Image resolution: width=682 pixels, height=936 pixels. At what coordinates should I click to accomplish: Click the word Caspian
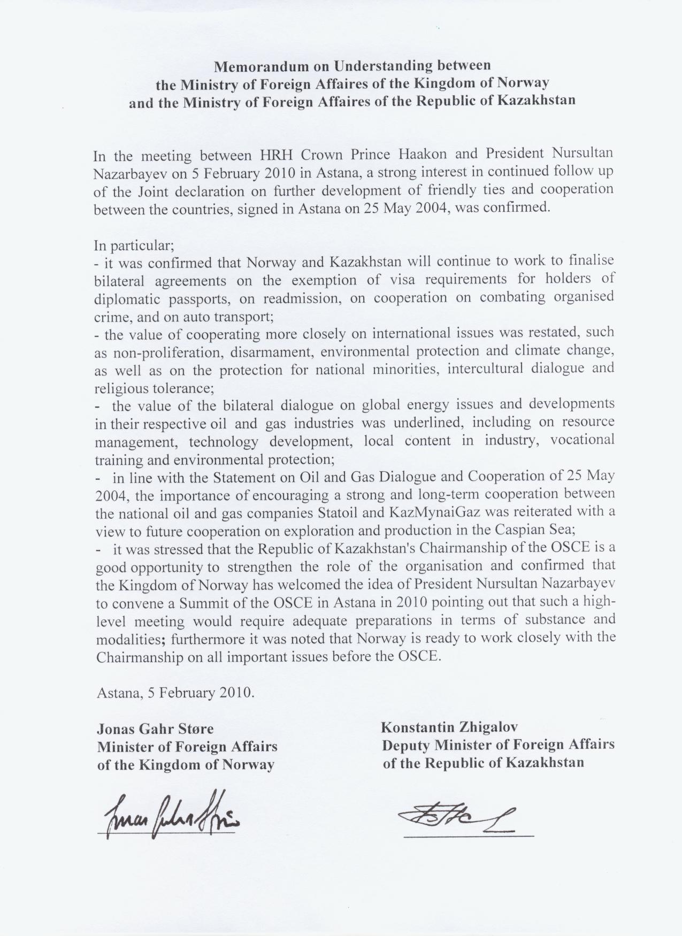[531, 530]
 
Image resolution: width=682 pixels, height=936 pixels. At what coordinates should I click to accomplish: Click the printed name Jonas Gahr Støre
[155, 728]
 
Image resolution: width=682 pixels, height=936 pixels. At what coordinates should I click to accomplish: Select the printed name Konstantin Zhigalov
[449, 727]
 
